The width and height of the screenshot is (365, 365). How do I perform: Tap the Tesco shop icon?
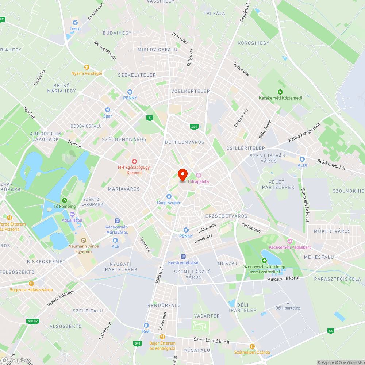point(75,22)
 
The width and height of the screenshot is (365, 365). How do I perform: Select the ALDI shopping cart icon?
point(302,159)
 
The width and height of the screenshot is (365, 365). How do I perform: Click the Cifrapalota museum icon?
point(199,176)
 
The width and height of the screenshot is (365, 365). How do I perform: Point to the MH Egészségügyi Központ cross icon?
point(134,161)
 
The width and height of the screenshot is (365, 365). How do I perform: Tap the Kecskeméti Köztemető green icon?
point(280,92)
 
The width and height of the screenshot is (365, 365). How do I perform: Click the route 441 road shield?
point(194,127)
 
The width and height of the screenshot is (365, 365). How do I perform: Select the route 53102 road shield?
point(32,321)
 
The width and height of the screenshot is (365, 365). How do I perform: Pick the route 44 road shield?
point(331,331)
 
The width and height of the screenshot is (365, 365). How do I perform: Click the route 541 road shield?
point(138,343)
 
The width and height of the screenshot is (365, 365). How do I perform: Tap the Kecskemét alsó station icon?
point(183,257)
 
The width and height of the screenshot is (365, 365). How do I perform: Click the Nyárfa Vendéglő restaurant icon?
point(87,67)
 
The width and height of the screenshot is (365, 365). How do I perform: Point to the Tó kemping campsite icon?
point(65,200)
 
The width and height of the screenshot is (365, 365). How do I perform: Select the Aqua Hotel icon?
point(72,214)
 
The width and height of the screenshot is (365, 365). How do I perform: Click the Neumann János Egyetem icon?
point(84,240)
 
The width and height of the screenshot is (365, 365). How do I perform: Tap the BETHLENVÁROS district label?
point(185,142)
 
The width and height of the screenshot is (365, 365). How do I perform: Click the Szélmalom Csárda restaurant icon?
point(252,346)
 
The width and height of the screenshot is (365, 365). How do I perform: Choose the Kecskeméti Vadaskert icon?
point(290,241)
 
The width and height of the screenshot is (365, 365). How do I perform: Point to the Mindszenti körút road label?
point(283,278)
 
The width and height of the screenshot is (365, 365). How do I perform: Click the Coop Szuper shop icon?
point(169,196)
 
